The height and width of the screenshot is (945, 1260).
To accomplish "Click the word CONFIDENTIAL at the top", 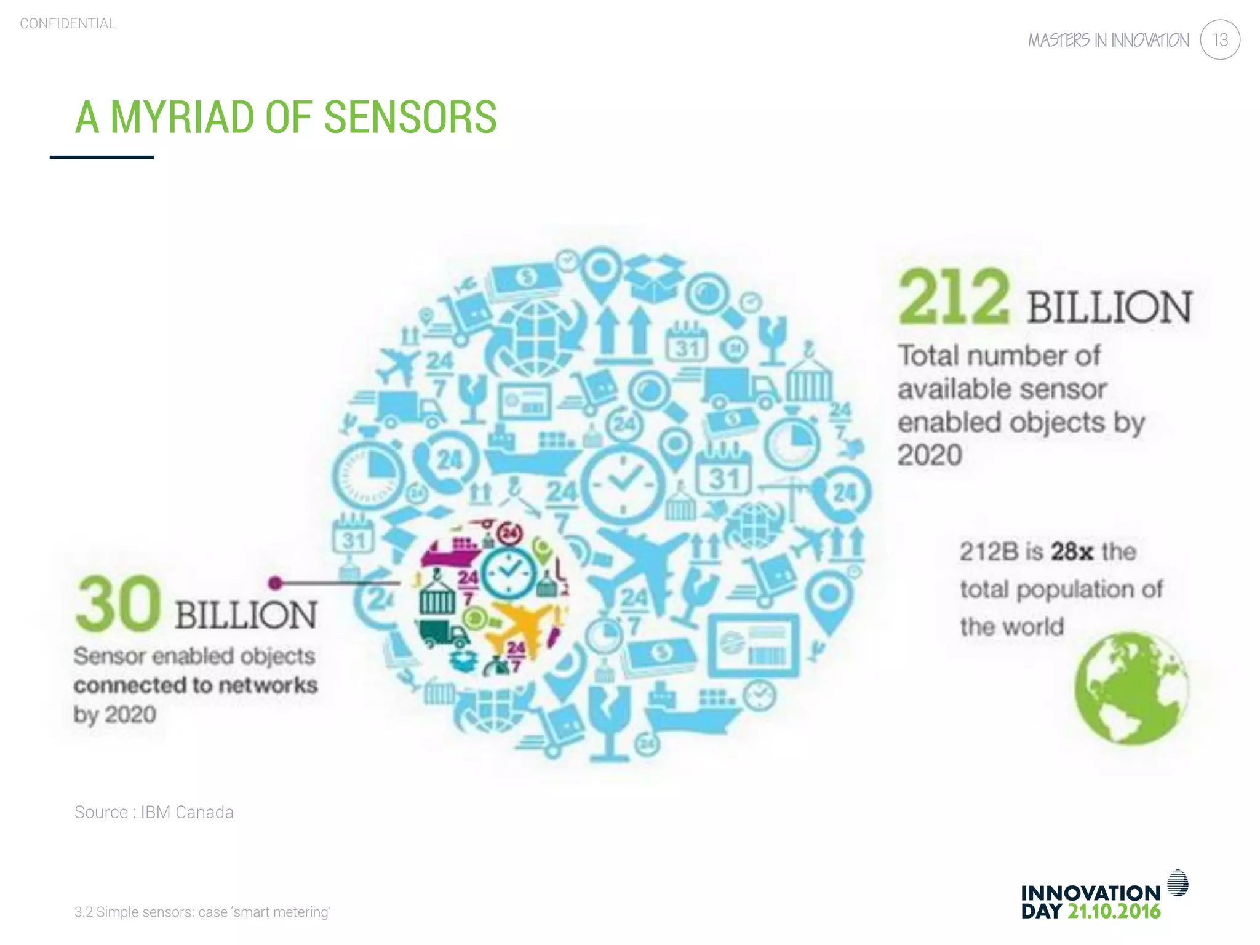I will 68,23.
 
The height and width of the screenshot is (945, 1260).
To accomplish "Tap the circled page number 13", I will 1219,40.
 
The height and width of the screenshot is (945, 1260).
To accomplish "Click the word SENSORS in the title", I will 410,117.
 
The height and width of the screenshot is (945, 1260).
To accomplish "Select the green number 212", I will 953,297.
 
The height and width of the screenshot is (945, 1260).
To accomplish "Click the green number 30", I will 118,604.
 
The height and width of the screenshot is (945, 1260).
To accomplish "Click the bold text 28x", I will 1072,551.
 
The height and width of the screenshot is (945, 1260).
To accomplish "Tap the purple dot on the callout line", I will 276,583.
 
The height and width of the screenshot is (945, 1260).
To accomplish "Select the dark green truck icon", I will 441,634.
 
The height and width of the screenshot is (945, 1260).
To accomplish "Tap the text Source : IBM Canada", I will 154,812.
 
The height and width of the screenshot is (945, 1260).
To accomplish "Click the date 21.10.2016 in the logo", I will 1114,911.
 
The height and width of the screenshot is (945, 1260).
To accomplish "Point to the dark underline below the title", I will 102,157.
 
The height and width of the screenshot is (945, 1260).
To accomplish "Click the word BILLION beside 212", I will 1109,307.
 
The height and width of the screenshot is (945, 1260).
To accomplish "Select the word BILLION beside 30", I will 246,615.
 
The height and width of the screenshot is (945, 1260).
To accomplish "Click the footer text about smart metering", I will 202,912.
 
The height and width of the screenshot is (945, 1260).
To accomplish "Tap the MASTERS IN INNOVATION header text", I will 1109,41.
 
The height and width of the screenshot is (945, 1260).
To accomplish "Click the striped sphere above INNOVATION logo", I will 1178,883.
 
